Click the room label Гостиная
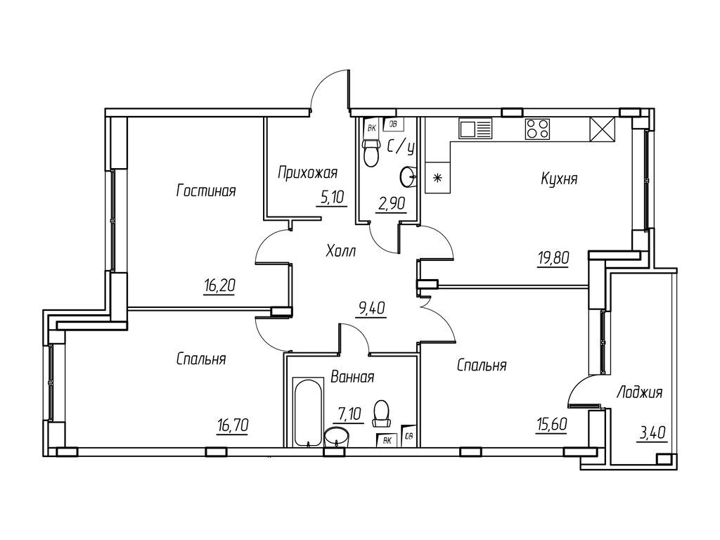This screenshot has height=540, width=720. pyautogui.click(x=205, y=191)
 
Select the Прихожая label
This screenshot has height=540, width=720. pyautogui.click(x=308, y=172)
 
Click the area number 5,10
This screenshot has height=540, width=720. pyautogui.click(x=332, y=198)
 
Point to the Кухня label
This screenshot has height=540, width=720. pyautogui.click(x=559, y=179)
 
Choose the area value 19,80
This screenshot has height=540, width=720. pyautogui.click(x=548, y=257)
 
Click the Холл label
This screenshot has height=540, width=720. pyautogui.click(x=341, y=250)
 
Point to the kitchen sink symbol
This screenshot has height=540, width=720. pyautogui.click(x=476, y=129)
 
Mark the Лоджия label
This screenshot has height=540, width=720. pyautogui.click(x=638, y=392)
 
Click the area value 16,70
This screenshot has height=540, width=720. pyautogui.click(x=233, y=424)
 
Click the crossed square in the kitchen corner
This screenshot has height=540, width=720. pyautogui.click(x=603, y=129)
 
